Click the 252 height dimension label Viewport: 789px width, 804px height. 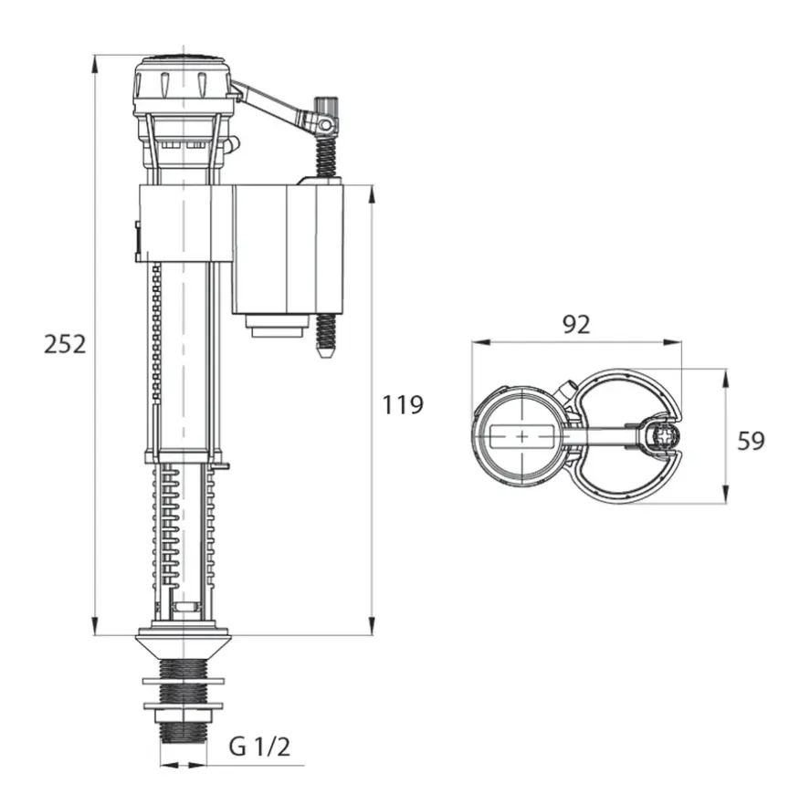(65, 344)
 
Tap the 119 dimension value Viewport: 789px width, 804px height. (403, 404)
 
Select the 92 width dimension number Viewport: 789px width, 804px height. (576, 324)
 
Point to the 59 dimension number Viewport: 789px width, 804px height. (751, 441)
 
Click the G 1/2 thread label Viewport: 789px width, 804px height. (259, 747)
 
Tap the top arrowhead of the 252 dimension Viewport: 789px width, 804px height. (95, 64)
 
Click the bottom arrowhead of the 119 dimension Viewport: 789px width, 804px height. (372, 626)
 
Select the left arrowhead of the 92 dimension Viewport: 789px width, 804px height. (481, 342)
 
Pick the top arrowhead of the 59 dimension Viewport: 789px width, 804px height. (725, 379)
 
